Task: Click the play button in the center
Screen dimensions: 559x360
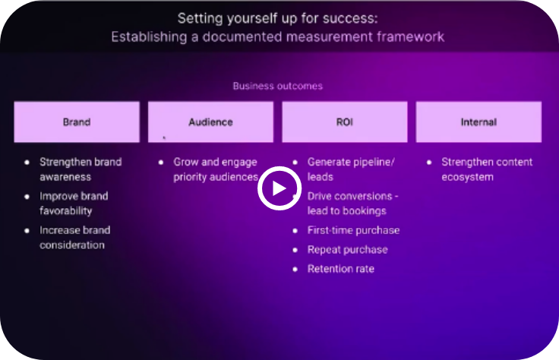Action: (279, 188)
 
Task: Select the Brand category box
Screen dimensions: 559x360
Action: (77, 122)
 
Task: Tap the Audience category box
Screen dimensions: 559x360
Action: (210, 122)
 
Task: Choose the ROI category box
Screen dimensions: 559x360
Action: (345, 122)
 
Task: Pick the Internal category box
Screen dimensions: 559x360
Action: (478, 122)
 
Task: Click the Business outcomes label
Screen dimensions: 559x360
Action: (278, 86)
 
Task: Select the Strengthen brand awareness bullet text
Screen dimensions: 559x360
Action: (81, 169)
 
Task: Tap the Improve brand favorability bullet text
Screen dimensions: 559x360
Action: (74, 204)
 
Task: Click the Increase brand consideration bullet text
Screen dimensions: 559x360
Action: (75, 238)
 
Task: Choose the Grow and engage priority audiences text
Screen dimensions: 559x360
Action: (216, 169)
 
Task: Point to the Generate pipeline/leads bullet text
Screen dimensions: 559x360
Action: (351, 169)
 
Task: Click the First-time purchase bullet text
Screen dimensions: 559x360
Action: (353, 230)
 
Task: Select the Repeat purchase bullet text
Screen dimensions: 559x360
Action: (348, 250)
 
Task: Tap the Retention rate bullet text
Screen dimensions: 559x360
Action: (341, 269)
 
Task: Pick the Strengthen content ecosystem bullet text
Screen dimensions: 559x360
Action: (487, 169)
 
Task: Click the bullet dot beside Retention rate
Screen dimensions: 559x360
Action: (295, 269)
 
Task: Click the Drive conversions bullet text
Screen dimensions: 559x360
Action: (353, 204)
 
